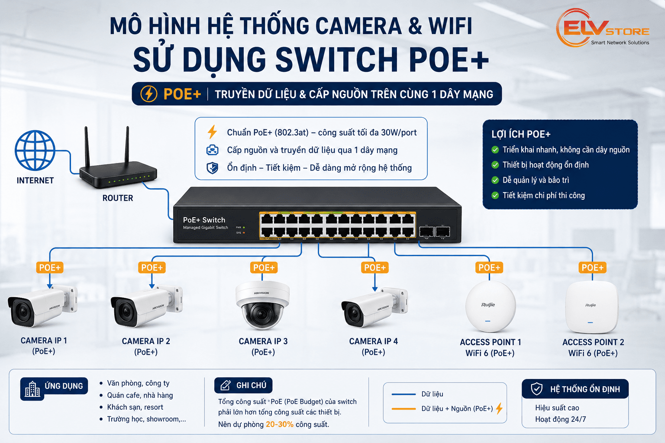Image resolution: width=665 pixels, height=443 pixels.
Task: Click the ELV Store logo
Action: tap(603, 28)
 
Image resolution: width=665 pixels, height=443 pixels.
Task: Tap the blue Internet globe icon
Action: tap(35, 151)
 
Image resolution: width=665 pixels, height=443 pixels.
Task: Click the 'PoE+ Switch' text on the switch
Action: tap(204, 220)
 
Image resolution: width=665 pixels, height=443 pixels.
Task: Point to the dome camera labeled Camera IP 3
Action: tap(262, 305)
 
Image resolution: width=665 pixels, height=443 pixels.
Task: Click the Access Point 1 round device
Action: tap(491, 307)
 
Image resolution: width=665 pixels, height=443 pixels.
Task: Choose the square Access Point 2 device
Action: tap(592, 307)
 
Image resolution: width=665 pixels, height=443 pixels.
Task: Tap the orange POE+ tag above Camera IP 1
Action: tap(50, 268)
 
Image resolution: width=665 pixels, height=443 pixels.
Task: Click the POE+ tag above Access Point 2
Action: tap(592, 268)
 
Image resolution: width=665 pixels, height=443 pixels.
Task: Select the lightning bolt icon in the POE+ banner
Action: tap(149, 94)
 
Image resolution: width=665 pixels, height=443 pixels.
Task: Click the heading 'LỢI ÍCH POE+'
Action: tap(521, 135)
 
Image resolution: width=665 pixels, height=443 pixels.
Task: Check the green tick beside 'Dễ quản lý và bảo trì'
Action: tap(495, 180)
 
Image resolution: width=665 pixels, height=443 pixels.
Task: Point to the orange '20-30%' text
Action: tap(279, 424)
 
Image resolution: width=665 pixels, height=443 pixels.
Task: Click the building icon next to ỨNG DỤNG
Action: tap(32, 389)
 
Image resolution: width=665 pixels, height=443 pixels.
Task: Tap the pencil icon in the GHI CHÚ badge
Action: tap(225, 385)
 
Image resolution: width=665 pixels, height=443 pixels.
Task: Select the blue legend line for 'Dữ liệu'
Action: tap(404, 395)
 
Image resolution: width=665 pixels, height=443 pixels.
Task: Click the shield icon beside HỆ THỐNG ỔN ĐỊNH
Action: tap(537, 389)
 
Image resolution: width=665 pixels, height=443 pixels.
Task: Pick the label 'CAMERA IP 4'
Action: tap(373, 341)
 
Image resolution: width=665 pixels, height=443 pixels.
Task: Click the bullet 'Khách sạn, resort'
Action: tap(135, 407)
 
